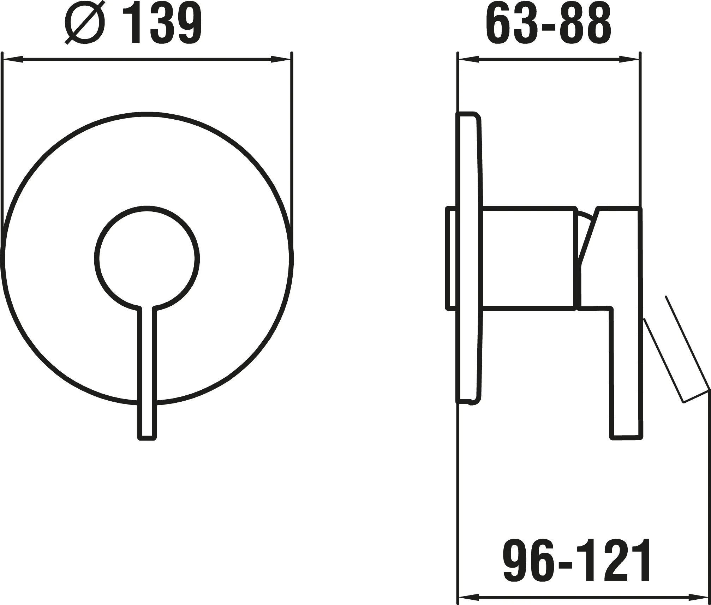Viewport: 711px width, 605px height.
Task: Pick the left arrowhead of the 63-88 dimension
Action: tap(467, 60)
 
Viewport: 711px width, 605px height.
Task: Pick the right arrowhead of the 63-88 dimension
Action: tap(629, 60)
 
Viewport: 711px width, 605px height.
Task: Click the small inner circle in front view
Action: tap(147, 258)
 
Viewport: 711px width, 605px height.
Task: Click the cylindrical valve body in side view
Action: tap(528, 258)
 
